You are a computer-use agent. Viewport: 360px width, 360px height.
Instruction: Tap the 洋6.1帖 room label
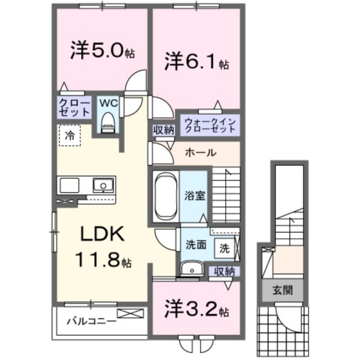[x=196, y=62]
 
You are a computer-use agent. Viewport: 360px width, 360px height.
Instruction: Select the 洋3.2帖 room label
[x=197, y=309]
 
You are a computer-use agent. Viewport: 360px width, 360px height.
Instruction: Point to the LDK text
[x=102, y=234]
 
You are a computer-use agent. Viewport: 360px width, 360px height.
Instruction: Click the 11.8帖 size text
[x=102, y=261]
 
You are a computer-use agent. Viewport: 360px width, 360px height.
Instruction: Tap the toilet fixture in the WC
[x=108, y=123]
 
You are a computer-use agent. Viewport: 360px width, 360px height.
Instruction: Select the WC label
[x=108, y=103]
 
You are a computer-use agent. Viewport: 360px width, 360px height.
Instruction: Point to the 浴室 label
[x=195, y=196]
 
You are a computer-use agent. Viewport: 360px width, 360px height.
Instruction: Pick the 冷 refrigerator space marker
[x=69, y=135]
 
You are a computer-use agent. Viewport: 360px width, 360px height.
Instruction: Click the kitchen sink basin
[x=104, y=185]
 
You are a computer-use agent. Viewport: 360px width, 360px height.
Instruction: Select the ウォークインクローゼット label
[x=210, y=125]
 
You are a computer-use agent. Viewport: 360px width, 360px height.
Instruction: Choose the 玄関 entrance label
[x=282, y=290]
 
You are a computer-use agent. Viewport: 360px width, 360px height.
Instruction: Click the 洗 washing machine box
[x=224, y=247]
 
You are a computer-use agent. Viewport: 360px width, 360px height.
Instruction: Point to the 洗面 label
[x=197, y=245]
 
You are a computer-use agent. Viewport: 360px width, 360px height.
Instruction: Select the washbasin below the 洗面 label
[x=193, y=270]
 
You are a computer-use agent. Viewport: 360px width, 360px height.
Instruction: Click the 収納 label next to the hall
[x=163, y=130]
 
